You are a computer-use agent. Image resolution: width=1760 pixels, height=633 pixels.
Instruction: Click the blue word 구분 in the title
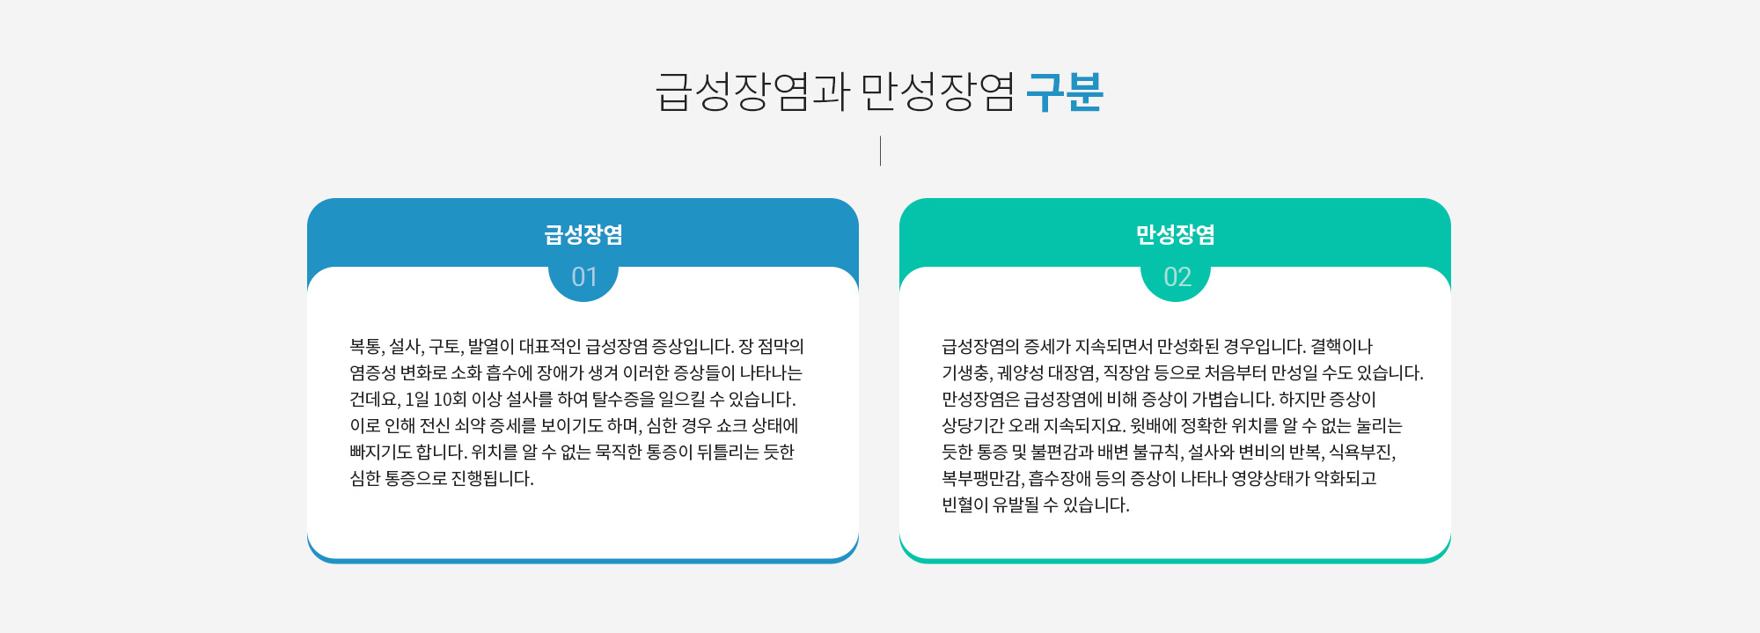pyautogui.click(x=1065, y=92)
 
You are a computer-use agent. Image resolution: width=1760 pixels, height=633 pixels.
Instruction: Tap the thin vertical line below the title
pyautogui.click(x=880, y=151)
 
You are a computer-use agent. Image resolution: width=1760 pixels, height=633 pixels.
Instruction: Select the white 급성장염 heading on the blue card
pyautogui.click(x=583, y=235)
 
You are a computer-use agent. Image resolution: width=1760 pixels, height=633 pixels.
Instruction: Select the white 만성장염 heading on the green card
pyautogui.click(x=1176, y=235)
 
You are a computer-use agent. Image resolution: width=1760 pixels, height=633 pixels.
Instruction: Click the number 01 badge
pyautogui.click(x=583, y=277)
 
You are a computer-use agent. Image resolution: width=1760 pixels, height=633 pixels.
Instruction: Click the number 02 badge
pyautogui.click(x=1176, y=277)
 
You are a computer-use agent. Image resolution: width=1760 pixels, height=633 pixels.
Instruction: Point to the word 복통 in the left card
pyautogui.click(x=366, y=347)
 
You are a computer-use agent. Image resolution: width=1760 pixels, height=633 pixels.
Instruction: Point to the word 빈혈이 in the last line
pyautogui.click(x=964, y=505)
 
